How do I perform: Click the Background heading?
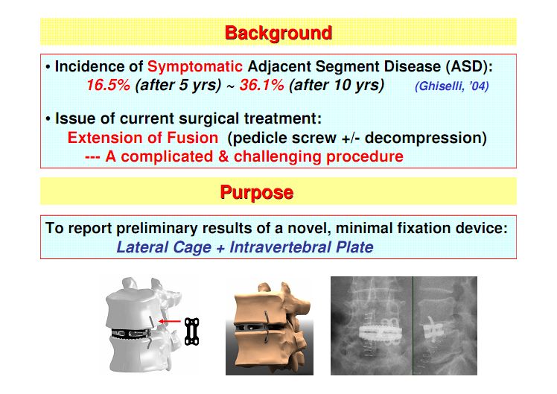coord(278,33)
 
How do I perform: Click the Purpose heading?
coord(256,192)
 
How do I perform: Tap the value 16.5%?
coord(109,85)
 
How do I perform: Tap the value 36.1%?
coord(259,85)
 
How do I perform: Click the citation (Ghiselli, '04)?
coord(451,86)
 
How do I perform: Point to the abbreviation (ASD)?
coord(462,66)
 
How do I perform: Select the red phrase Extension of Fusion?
coord(142,138)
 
